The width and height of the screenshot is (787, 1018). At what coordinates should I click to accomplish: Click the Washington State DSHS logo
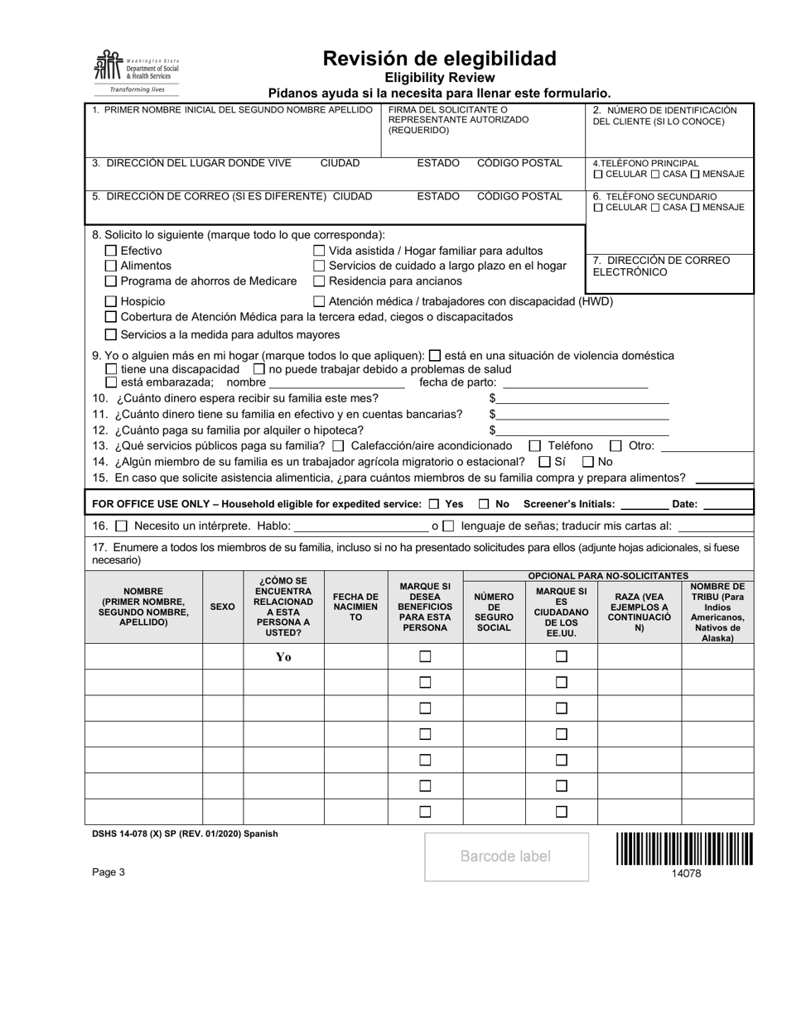[x=137, y=71]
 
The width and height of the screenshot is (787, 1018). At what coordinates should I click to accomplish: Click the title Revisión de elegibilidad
[x=439, y=59]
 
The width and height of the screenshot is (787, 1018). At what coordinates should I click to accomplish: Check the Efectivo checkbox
[x=111, y=251]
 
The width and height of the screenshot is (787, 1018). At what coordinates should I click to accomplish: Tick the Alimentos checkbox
[x=111, y=266]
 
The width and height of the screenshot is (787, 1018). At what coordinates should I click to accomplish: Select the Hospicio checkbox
[x=111, y=302]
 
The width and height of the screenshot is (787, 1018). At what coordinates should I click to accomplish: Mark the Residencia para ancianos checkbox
[x=319, y=281]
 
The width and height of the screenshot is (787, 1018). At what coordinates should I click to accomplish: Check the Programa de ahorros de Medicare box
[x=111, y=281]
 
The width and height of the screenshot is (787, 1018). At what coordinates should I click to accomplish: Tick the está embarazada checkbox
[x=111, y=382]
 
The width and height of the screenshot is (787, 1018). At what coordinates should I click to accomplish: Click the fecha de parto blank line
[x=575, y=383]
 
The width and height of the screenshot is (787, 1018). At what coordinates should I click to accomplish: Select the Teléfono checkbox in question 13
[x=534, y=446]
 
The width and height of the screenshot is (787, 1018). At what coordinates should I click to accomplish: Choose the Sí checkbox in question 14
[x=544, y=462]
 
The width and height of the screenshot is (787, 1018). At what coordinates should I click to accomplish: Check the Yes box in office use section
[x=435, y=504]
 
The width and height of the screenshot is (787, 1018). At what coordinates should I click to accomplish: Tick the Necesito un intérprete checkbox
[x=122, y=526]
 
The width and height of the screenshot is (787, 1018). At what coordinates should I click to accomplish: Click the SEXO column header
[x=222, y=607]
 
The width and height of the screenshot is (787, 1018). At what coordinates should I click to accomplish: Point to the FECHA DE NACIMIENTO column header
[x=355, y=607]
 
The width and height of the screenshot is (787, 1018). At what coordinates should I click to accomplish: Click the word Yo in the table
[x=283, y=657]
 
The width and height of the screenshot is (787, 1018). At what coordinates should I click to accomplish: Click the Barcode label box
[x=505, y=856]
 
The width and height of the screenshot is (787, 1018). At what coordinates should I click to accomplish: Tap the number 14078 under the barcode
[x=686, y=872]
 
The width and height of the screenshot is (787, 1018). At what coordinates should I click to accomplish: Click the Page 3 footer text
[x=109, y=872]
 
